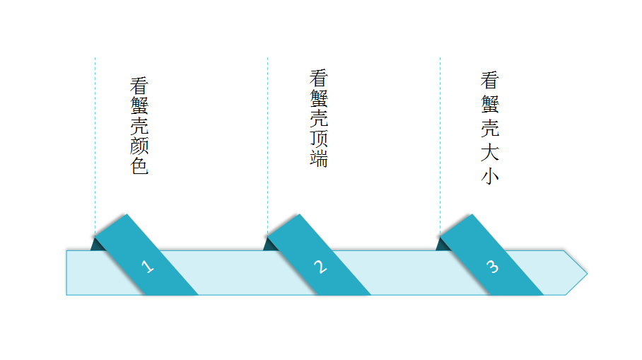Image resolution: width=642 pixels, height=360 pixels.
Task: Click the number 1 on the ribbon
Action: coord(147,267)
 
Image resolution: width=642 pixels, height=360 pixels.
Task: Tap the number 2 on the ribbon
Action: coord(320,267)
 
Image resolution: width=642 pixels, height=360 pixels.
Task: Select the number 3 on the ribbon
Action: coord(492,267)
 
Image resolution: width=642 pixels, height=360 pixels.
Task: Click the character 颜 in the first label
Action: coord(139,146)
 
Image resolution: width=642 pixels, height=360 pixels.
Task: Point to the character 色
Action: coord(139,167)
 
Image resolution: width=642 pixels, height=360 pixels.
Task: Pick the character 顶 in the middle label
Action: coord(318,138)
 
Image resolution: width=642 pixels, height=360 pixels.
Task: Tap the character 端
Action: coord(318,158)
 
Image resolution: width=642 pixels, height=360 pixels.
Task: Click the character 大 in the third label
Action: coord(490,151)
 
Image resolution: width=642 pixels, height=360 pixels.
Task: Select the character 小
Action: coord(490,175)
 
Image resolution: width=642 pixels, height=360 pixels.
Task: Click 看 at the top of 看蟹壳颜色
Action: coord(139,86)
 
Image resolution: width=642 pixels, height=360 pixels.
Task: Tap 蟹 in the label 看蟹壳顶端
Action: coord(318,98)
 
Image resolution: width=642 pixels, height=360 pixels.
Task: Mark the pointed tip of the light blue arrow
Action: coord(585,272)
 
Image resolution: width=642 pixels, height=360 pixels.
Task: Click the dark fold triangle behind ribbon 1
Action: coord(97,244)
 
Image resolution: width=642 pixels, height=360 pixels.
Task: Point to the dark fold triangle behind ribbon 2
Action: coord(269,244)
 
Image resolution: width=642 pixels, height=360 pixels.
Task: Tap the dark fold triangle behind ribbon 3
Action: coord(442,244)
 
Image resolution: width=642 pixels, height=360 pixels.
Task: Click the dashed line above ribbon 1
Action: coord(95,141)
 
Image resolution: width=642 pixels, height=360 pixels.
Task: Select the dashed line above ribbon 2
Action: coord(267,141)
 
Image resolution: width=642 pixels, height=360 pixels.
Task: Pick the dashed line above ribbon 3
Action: coord(440,141)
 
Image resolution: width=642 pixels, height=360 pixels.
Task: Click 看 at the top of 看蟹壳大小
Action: coord(490,79)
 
